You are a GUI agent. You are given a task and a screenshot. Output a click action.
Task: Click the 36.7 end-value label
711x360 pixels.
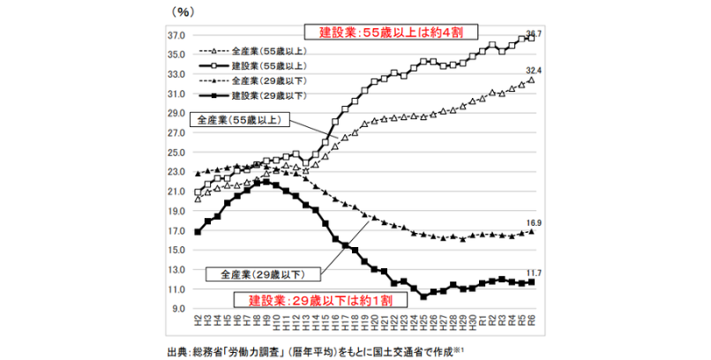coord(533,33)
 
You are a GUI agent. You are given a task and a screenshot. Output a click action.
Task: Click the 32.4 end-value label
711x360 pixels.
coord(532,69)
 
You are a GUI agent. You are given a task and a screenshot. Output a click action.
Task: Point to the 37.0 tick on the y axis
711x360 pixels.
coord(176,35)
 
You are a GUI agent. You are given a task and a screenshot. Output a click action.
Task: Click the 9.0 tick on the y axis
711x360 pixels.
coord(178,309)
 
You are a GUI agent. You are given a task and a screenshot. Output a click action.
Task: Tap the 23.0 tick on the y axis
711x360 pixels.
coord(176,172)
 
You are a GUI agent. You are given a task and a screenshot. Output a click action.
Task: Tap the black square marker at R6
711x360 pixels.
coord(531,282)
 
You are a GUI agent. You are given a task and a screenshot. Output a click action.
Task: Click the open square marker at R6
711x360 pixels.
coord(531,39)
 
